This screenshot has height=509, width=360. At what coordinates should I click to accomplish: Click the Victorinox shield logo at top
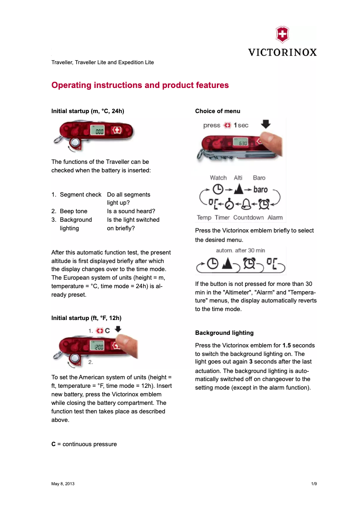pos(282,35)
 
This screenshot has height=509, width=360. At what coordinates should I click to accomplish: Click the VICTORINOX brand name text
pos(282,52)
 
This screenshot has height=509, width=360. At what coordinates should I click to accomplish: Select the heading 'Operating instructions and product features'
pos(140,85)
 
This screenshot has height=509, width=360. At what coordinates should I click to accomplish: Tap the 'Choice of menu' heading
pos(218,111)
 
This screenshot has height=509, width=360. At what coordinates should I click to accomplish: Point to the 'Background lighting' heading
pos(224,333)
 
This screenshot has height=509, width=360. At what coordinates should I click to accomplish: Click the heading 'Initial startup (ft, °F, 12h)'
pos(86,318)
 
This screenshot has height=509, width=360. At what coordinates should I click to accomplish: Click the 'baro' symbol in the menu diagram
pos(260,190)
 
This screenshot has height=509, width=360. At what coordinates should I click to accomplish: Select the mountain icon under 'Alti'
pos(238,190)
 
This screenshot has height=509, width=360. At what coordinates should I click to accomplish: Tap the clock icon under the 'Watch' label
pos(218,190)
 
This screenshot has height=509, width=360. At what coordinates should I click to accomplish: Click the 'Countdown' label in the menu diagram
pos(248,218)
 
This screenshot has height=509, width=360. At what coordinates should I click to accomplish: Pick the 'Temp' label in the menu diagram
pos(204,218)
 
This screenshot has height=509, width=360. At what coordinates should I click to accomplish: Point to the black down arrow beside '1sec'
pos(267,125)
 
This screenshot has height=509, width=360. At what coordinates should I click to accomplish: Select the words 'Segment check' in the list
pos(81,195)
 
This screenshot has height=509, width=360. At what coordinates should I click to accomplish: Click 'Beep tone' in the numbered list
pos(74,211)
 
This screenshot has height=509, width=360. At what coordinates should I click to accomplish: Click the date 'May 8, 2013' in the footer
pos(63,484)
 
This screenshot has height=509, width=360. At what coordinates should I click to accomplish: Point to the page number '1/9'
pos(314,484)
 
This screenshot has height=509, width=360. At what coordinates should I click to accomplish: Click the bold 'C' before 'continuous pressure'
pos(53,444)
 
